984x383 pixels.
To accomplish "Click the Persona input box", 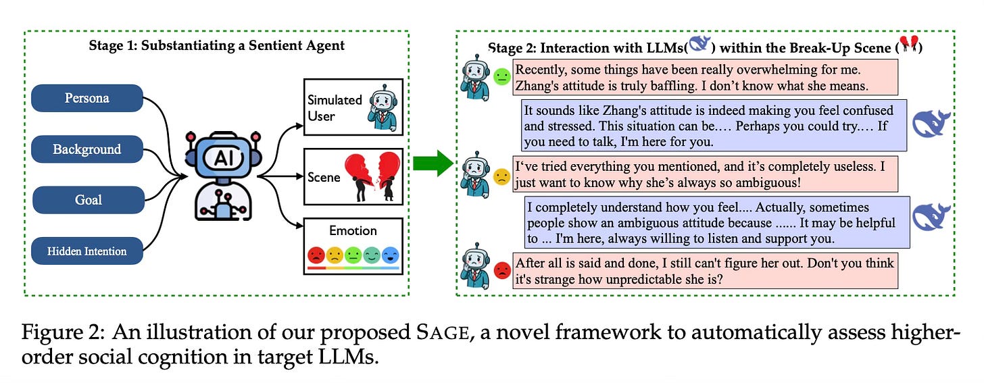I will pyautogui.click(x=87, y=98).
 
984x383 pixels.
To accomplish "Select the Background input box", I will pyautogui.click(x=87, y=149).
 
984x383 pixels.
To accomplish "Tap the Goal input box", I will pyautogui.click(x=89, y=200).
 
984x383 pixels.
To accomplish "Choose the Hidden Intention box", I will pyautogui.click(x=87, y=251).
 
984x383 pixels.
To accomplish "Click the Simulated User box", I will pyautogui.click(x=353, y=107).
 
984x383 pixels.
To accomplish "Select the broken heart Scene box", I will pyautogui.click(x=353, y=177).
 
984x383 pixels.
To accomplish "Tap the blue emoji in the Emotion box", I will pyautogui.click(x=391, y=255).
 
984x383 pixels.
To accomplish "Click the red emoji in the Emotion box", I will pyautogui.click(x=316, y=255).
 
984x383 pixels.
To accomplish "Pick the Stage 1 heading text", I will pyautogui.click(x=216, y=46).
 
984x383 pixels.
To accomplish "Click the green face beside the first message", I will pyautogui.click(x=501, y=77).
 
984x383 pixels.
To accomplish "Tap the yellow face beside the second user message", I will pyautogui.click(x=501, y=177).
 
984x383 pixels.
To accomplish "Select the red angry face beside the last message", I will pyautogui.click(x=502, y=271).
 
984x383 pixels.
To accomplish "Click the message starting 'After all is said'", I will pyautogui.click(x=705, y=271).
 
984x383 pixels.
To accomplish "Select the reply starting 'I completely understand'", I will pyautogui.click(x=716, y=223).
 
